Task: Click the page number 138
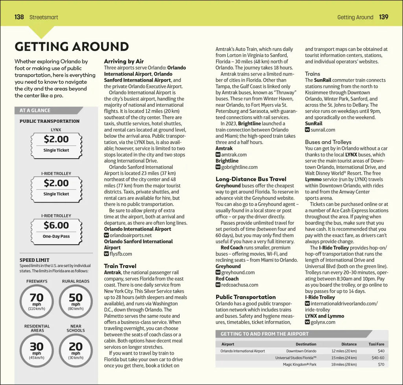pos(19,17)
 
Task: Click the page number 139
pos(384,17)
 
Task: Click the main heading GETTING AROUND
pos(72,46)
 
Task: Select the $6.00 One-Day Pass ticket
pos(56,229)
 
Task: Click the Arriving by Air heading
pos(124,61)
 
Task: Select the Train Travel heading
pos(120,266)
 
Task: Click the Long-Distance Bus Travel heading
pos(251,179)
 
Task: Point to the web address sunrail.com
pos(323,130)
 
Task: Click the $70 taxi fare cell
pos(381,365)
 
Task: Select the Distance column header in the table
pos(349,344)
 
